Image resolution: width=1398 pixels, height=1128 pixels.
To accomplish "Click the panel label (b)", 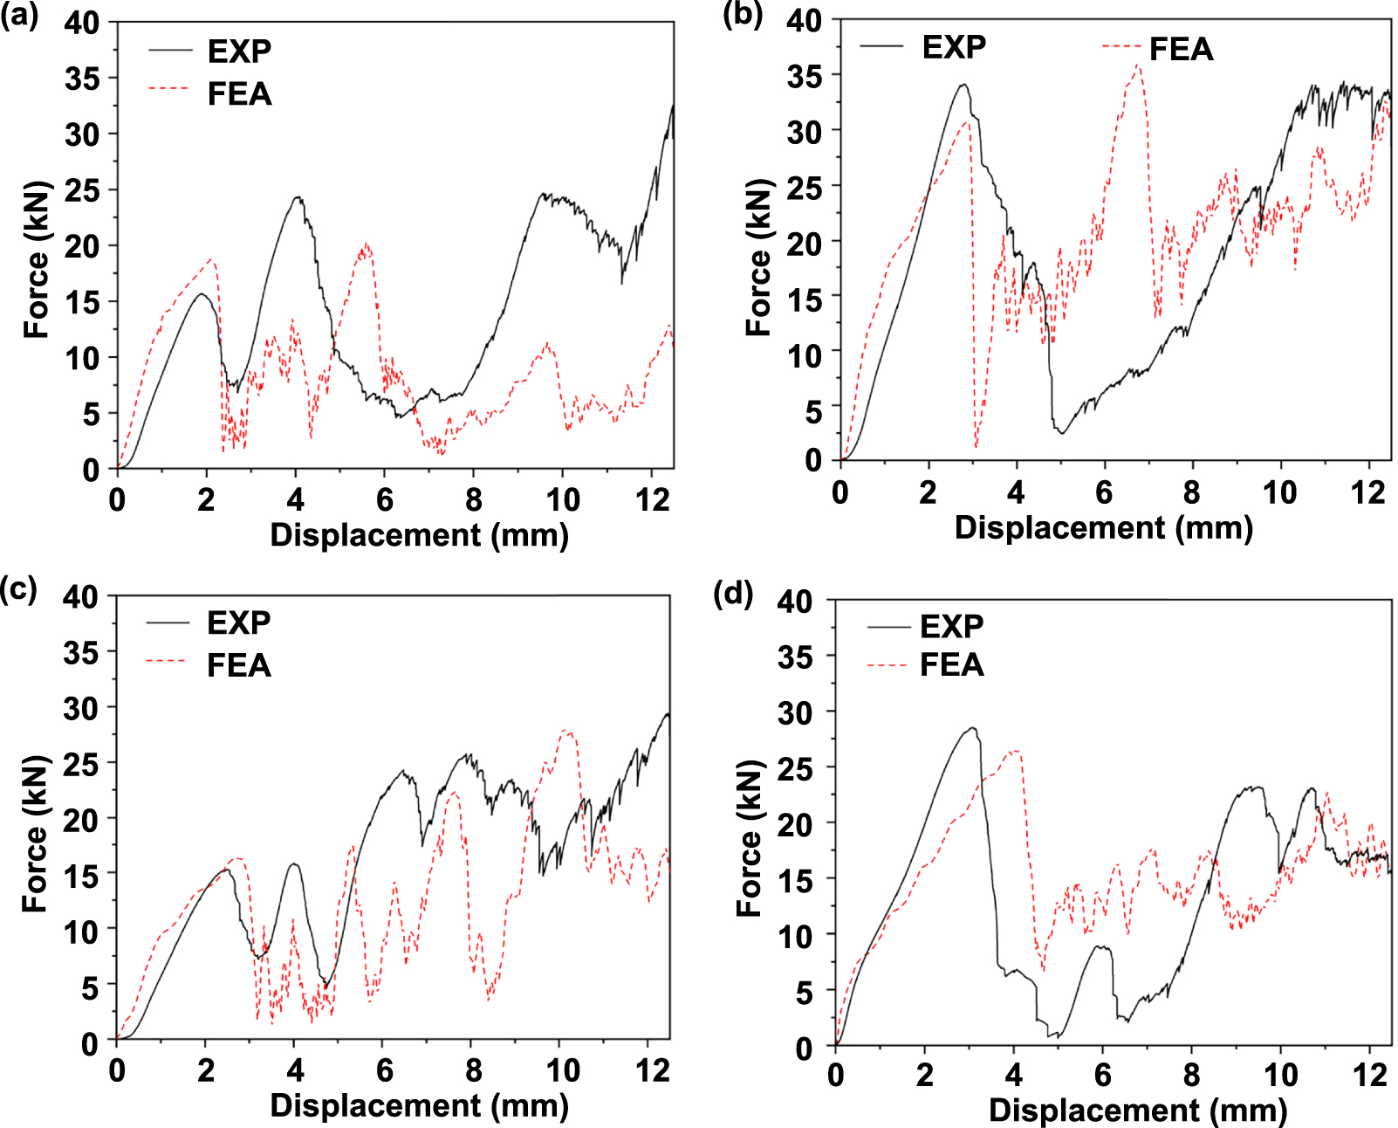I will click(743, 15).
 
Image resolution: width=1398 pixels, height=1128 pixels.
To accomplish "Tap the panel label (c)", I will click(18, 589).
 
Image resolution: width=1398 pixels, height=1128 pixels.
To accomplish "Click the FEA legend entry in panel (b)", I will click(1180, 49).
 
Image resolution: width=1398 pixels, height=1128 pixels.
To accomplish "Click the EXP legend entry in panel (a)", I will click(239, 52).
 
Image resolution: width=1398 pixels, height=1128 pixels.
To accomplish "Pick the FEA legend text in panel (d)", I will click(951, 665).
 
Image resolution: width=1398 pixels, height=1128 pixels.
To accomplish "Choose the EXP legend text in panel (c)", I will click(238, 622).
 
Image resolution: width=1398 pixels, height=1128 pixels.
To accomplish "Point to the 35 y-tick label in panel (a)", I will click(82, 79).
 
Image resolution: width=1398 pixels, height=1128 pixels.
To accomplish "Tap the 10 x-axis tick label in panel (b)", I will click(1279, 493).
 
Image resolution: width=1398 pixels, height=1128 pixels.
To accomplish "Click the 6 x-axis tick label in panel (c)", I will click(384, 1070).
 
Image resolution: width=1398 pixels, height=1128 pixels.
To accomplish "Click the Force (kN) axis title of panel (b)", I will click(758, 258).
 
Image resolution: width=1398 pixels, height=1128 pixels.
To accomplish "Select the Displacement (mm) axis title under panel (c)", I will click(419, 1105).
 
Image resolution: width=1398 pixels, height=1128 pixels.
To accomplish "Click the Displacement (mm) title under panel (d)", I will click(1138, 1110).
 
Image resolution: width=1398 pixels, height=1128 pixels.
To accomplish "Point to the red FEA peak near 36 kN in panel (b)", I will click(1137, 65).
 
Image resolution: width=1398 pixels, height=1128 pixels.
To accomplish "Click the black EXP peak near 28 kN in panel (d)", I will click(972, 728).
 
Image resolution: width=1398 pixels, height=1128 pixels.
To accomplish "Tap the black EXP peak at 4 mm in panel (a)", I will click(298, 197).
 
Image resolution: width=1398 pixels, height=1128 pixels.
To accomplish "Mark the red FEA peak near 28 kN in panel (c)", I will click(567, 731).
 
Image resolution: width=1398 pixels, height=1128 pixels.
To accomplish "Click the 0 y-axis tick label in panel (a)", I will click(91, 470).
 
